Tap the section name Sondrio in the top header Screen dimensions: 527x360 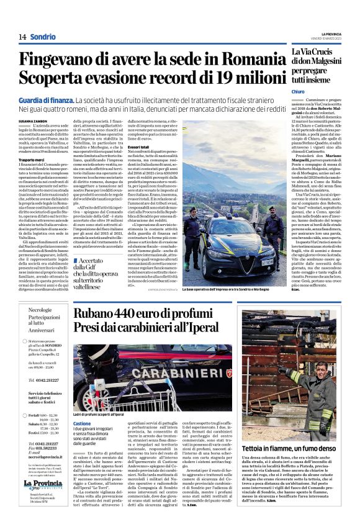(43, 37)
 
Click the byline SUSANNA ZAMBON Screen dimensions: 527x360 (33, 120)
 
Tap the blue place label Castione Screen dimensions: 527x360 (82, 423)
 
